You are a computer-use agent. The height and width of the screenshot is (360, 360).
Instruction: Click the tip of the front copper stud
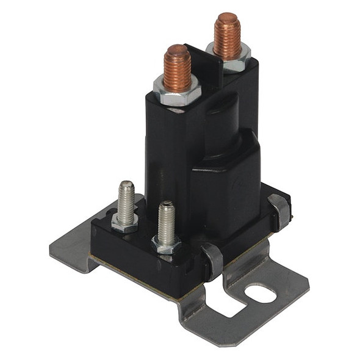click(x=177, y=50)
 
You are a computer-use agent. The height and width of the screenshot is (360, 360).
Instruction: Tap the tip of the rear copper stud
click(x=226, y=18)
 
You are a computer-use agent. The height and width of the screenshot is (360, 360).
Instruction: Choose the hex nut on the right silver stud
click(x=166, y=245)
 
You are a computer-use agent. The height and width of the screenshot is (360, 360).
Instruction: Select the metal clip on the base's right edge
click(x=279, y=211)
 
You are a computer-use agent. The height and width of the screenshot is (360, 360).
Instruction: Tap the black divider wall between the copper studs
click(x=201, y=61)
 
